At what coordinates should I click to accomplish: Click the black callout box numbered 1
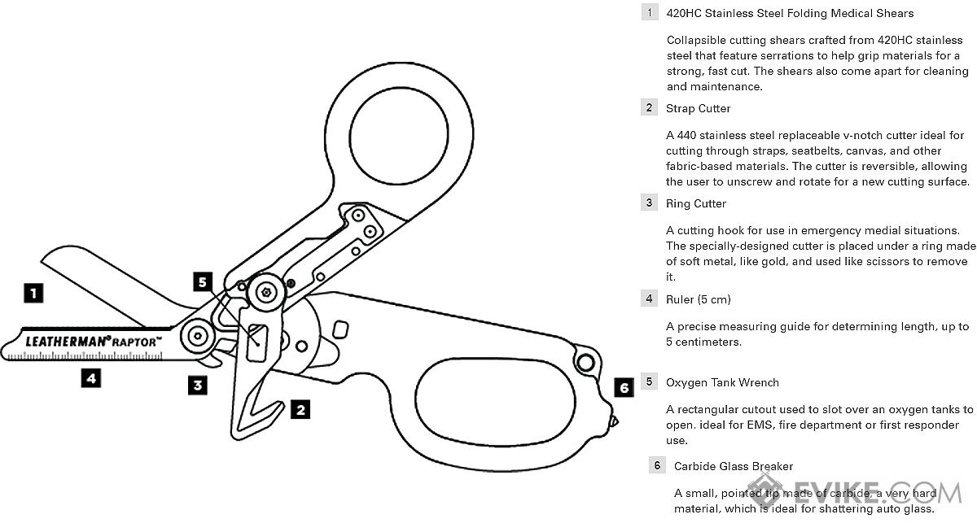point(33,293)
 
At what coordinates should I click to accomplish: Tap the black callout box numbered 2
point(300,409)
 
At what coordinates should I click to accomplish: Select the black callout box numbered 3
point(197,385)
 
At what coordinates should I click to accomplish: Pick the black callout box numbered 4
point(91,377)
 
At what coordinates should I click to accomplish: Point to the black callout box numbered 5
point(204,282)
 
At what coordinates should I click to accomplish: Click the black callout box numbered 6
point(624,387)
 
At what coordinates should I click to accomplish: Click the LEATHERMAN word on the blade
point(68,342)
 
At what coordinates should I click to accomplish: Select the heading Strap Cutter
point(698,108)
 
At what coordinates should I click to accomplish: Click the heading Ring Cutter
point(695,203)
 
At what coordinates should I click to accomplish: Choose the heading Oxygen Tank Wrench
point(722,382)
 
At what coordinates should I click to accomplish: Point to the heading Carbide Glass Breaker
point(734,466)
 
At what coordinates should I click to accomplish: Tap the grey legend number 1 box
point(649,13)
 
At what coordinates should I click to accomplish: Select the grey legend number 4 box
point(649,299)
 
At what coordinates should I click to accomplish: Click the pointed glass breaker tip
point(615,421)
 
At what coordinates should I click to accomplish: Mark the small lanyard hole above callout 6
point(583,360)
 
